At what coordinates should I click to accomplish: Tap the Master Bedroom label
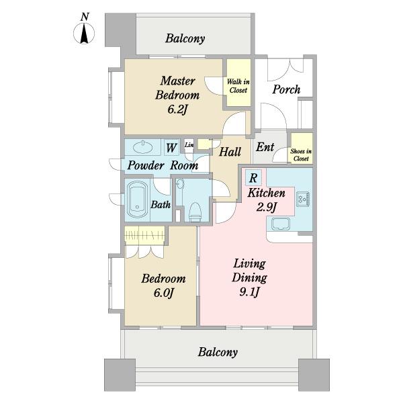[x=177, y=88]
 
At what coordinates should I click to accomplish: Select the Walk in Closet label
[x=238, y=86]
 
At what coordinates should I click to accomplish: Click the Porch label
[x=286, y=89]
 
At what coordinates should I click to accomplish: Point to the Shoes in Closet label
[x=301, y=154]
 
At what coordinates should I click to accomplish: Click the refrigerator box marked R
[x=253, y=177]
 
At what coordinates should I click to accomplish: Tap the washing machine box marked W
[x=171, y=148]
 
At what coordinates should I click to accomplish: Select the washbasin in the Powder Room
[x=143, y=147]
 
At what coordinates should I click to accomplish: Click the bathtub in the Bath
[x=137, y=199]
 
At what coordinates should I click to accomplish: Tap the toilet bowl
[x=195, y=212]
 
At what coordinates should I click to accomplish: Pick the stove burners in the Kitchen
[x=303, y=199]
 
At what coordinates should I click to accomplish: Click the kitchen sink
[x=281, y=224]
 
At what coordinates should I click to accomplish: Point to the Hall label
[x=230, y=152]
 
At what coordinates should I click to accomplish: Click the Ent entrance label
[x=265, y=147]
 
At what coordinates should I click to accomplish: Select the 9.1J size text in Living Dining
[x=249, y=292]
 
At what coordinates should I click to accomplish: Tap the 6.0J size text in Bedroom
[x=164, y=293]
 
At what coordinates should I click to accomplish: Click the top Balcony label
[x=185, y=38]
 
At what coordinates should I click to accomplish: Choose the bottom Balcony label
[x=218, y=352]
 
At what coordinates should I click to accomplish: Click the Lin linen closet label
[x=189, y=145]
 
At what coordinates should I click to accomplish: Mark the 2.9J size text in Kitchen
[x=266, y=207]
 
